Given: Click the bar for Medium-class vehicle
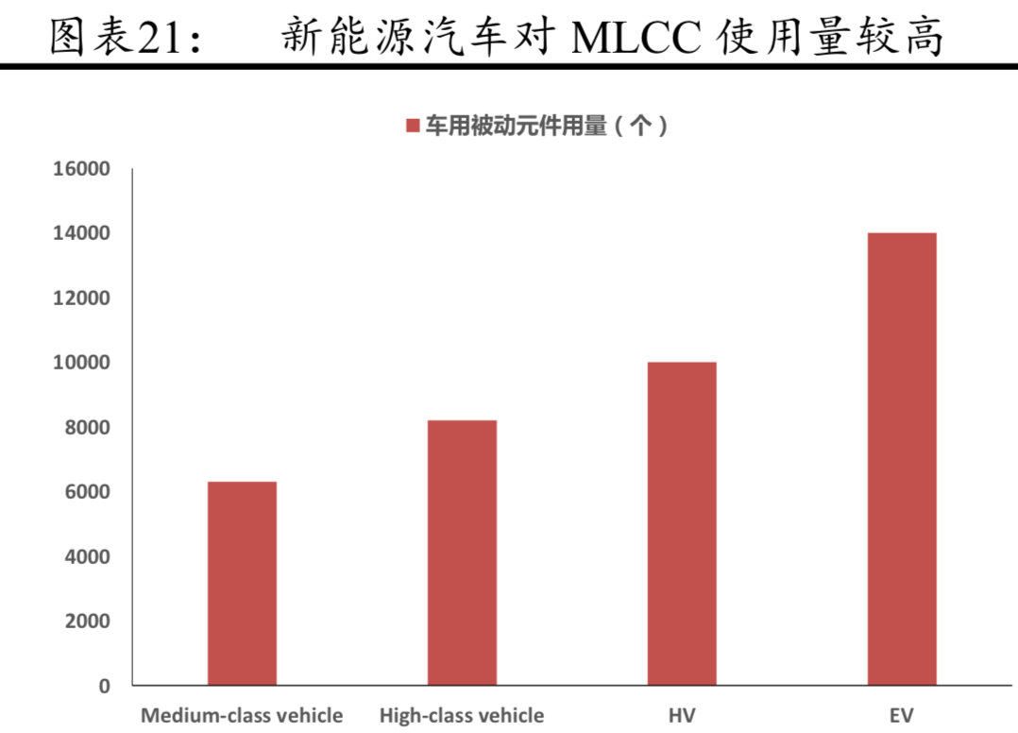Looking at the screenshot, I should pyautogui.click(x=242, y=583).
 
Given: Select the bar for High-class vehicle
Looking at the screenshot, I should pyautogui.click(x=462, y=553).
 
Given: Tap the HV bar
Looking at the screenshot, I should pyautogui.click(x=682, y=523).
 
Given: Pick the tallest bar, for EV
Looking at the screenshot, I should pyautogui.click(x=902, y=458).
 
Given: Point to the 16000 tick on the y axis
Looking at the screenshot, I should pyautogui.click(x=82, y=169).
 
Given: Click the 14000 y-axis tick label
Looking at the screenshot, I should pyautogui.click(x=82, y=233).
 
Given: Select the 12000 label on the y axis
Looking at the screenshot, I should pyautogui.click(x=82, y=298).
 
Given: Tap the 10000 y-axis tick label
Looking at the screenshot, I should pyautogui.click(x=82, y=363).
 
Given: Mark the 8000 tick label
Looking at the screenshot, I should pyautogui.click(x=88, y=428).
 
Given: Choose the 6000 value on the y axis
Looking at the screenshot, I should pyautogui.click(x=88, y=492).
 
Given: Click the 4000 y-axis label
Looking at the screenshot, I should pyautogui.click(x=88, y=557).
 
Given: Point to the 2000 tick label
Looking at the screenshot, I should pyautogui.click(x=88, y=622).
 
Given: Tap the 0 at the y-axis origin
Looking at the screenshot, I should pyautogui.click(x=105, y=686).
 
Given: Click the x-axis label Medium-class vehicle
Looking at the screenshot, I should pyautogui.click(x=242, y=715).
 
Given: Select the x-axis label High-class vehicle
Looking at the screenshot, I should pyautogui.click(x=462, y=715).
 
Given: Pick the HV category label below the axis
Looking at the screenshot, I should pyautogui.click(x=682, y=715).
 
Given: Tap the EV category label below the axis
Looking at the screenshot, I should pyautogui.click(x=902, y=715).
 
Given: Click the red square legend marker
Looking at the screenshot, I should pyautogui.click(x=412, y=127).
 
